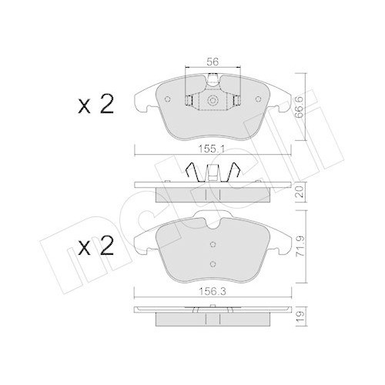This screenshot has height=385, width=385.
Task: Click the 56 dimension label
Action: point(213,62)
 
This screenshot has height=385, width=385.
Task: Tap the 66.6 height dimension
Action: point(299,107)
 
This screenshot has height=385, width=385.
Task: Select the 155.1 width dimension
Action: point(212,149)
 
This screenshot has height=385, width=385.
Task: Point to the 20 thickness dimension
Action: point(300,192)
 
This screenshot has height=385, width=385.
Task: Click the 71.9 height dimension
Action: point(300,246)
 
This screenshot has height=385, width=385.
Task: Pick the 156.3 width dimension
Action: point(213,292)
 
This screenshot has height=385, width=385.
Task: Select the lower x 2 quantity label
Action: point(95,246)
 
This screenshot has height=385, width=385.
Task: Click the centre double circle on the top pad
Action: point(213,100)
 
